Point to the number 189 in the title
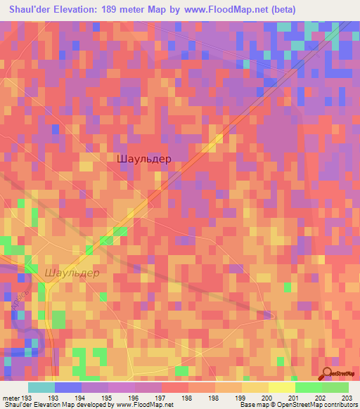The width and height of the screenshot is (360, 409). pos(114,10)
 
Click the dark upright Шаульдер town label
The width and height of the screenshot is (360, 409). pos(143,159)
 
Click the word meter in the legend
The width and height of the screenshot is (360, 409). pos(11,397)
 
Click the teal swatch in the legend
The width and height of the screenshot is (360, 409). pos(41,387)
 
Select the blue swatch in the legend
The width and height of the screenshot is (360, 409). pos(67,387)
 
